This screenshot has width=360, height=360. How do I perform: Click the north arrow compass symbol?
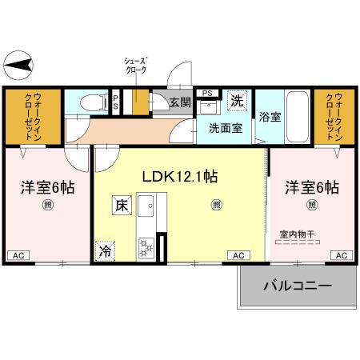[19, 62]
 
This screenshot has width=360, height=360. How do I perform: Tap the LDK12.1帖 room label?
[182, 178]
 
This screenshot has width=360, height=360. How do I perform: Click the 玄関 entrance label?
[181, 102]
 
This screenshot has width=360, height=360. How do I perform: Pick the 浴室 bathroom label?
[270, 117]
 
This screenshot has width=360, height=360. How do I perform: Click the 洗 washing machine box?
[237, 101]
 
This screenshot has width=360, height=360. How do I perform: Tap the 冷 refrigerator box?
[106, 250]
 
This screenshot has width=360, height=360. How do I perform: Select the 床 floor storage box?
[122, 206]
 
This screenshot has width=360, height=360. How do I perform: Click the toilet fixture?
[98, 102]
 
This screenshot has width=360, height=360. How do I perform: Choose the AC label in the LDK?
[238, 255]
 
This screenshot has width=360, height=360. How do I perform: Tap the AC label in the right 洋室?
[340, 255]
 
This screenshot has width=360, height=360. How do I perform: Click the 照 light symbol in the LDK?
[216, 205]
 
